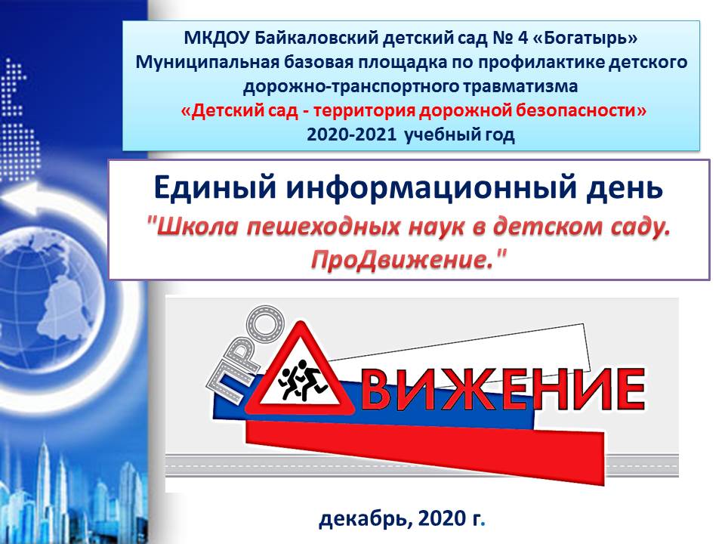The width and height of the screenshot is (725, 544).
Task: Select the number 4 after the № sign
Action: click(523, 38)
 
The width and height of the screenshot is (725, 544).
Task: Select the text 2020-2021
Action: click(351, 134)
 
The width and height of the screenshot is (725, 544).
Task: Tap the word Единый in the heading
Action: click(215, 188)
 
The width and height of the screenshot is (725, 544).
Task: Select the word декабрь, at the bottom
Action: click(364, 519)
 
